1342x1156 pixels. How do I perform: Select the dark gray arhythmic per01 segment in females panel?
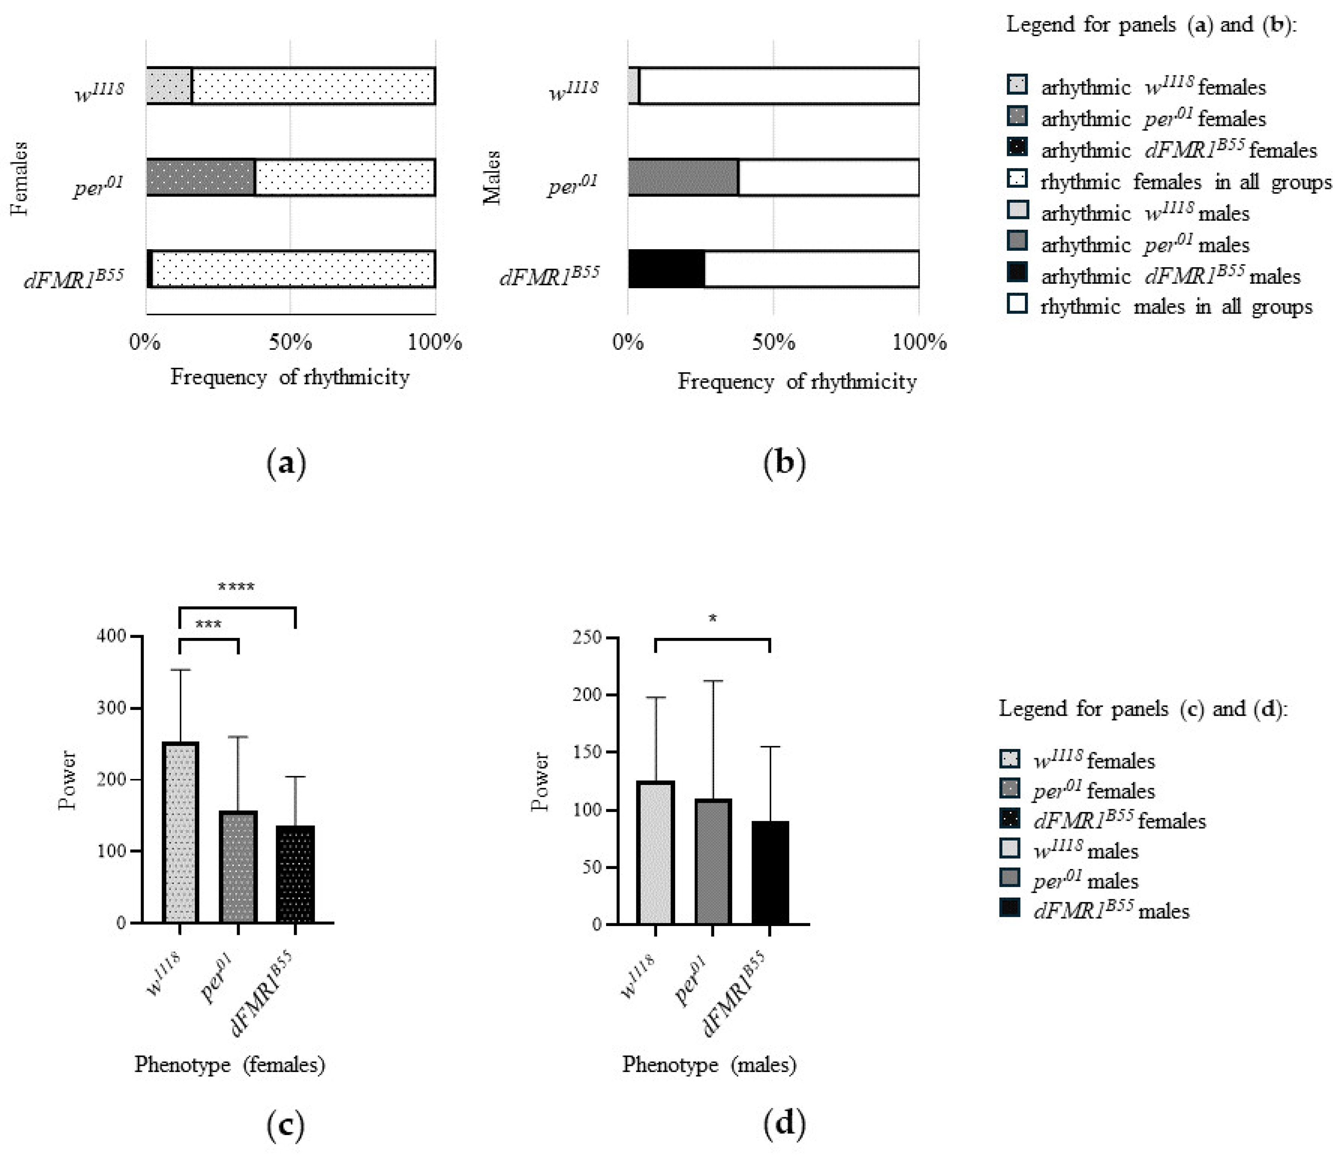tap(201, 177)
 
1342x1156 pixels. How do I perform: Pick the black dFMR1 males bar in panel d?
tap(770, 872)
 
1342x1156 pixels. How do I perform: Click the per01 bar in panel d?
tap(713, 861)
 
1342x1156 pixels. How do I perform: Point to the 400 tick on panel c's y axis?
tap(111, 637)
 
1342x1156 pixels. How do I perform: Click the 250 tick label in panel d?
tap(586, 638)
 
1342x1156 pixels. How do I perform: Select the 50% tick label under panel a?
tap(290, 341)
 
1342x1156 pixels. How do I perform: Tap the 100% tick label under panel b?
tap(920, 341)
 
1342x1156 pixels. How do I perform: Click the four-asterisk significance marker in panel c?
tap(236, 587)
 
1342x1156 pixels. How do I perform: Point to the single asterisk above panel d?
tap(713, 619)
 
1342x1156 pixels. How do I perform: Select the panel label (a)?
tap(286, 464)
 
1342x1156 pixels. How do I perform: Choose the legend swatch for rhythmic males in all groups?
tap(1018, 304)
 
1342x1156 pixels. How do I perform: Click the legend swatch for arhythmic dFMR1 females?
tap(1018, 147)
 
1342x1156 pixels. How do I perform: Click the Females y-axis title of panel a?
tap(19, 178)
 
